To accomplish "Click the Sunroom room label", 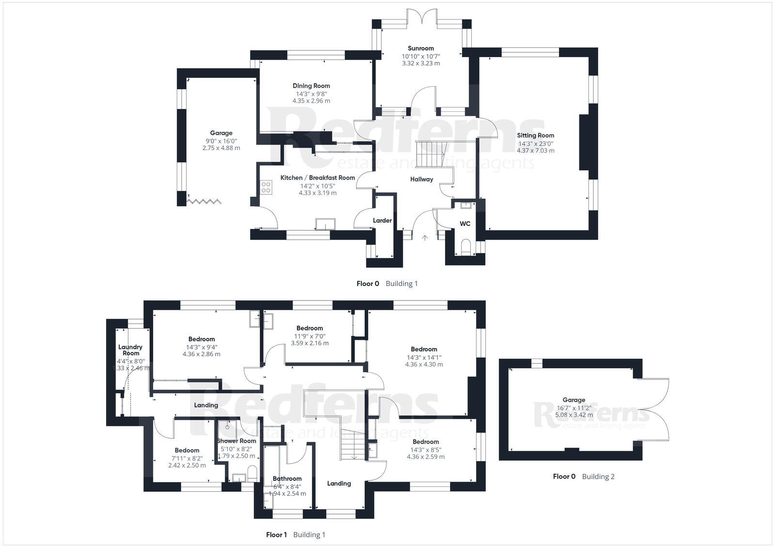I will [x=420, y=48].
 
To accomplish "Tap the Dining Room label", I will [x=311, y=86].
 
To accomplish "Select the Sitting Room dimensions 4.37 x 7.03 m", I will [x=535, y=151].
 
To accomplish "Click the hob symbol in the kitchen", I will [x=265, y=187].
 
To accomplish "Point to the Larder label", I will [x=382, y=221].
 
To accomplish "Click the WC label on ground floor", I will [x=465, y=224].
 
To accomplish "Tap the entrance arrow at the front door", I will [x=425, y=238].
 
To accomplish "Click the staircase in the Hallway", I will [x=431, y=154].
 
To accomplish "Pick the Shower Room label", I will [x=236, y=441].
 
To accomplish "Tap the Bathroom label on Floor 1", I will [x=287, y=479].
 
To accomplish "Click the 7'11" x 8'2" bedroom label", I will [x=187, y=458].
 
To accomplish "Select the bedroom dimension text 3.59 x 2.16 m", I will [x=310, y=343].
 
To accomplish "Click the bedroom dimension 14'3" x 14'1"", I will [x=424, y=357].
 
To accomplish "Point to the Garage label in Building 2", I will [x=573, y=400].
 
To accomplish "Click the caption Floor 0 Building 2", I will [x=583, y=476].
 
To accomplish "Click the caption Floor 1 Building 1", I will [x=295, y=535].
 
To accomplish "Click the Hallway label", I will [x=421, y=179].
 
